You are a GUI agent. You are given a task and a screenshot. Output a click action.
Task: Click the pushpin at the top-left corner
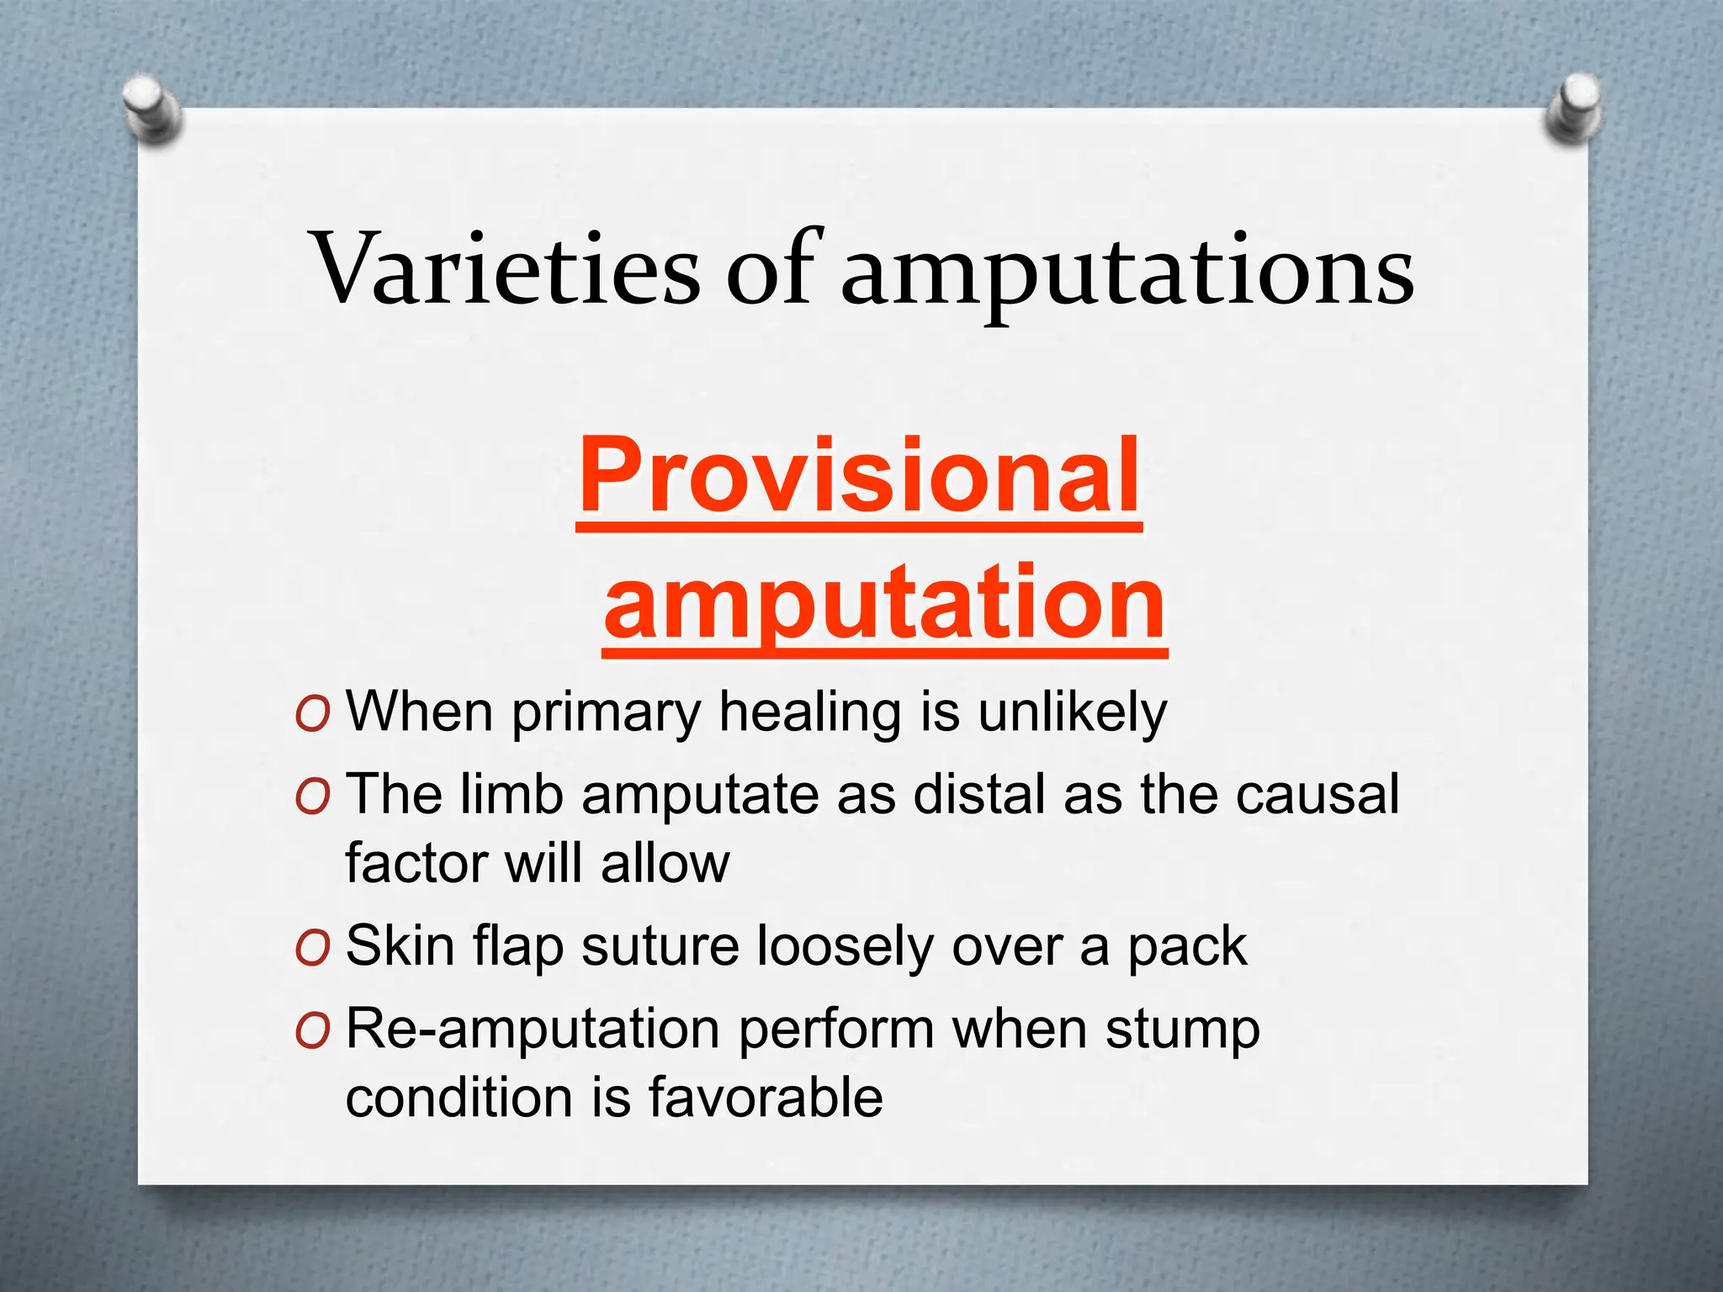click(x=152, y=109)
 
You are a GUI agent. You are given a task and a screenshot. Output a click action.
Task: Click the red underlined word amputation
click(x=884, y=602)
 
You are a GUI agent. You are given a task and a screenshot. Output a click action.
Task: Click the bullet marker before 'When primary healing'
click(x=312, y=714)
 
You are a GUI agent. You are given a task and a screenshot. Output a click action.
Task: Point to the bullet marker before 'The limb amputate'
click(x=312, y=796)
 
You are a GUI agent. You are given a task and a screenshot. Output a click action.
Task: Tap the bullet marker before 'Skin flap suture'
click(x=312, y=948)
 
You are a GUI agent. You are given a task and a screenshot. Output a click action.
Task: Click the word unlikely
click(x=1072, y=712)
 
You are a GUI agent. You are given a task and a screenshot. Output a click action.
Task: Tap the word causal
click(x=1317, y=794)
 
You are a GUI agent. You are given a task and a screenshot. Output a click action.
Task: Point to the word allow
click(x=665, y=863)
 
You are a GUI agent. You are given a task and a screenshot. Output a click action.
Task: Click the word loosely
click(x=846, y=946)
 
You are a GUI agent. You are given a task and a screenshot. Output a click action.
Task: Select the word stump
click(x=1182, y=1030)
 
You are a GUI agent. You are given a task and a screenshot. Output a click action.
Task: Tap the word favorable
click(x=766, y=1098)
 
